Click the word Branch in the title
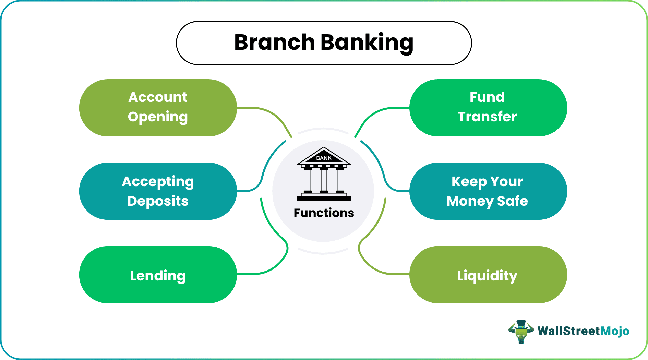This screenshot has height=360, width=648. [274, 43]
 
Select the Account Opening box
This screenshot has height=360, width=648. [158, 108]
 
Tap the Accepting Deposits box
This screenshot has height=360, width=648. [158, 191]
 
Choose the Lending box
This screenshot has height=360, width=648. [158, 275]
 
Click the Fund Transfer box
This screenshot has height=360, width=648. [488, 108]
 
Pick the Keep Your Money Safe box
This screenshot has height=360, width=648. [488, 191]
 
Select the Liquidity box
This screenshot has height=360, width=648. [488, 275]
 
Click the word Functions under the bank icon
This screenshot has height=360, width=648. [324, 213]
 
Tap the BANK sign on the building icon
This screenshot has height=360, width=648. [324, 158]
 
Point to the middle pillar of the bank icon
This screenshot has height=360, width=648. [324, 180]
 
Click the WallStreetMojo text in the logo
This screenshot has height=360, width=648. [583, 331]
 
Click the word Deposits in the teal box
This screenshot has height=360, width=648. [158, 201]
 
